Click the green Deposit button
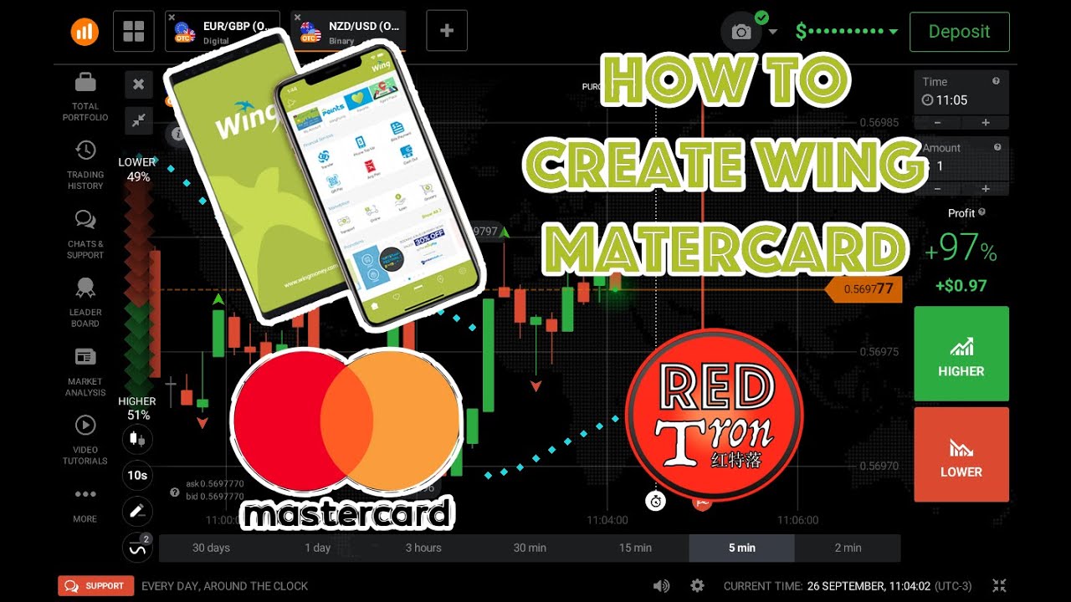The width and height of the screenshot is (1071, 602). pyautogui.click(x=959, y=32)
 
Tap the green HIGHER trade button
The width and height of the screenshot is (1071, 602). pyautogui.click(x=961, y=354)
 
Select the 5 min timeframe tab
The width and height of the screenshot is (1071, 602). pyautogui.click(x=741, y=548)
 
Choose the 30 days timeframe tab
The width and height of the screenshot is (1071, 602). pyautogui.click(x=211, y=548)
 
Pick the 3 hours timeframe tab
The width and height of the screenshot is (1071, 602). pyautogui.click(x=423, y=548)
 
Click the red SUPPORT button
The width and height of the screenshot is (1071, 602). pyautogui.click(x=95, y=586)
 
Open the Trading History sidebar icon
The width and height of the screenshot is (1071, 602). pyautogui.click(x=85, y=150)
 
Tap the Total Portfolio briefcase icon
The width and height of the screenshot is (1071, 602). pyautogui.click(x=85, y=83)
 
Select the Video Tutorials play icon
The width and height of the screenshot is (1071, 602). pyautogui.click(x=85, y=426)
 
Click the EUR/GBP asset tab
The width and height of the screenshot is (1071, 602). pyautogui.click(x=226, y=32)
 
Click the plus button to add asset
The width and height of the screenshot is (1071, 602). pyautogui.click(x=447, y=32)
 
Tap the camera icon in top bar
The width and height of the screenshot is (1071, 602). pyautogui.click(x=741, y=32)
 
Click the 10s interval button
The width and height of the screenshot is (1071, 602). pyautogui.click(x=137, y=476)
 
